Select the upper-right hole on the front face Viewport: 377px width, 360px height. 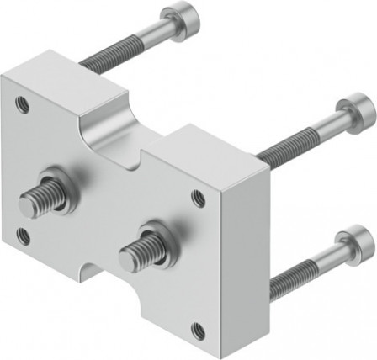[x=198, y=199]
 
